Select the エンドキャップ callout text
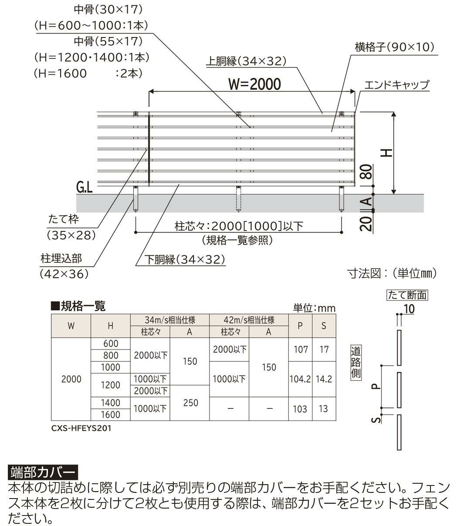click(x=396, y=85)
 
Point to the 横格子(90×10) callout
click(x=395, y=47)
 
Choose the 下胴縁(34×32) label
click(x=185, y=260)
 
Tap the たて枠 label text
click(x=64, y=219)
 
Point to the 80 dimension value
click(x=366, y=173)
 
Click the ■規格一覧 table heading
click(x=78, y=306)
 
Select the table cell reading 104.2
click(x=300, y=379)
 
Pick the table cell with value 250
click(x=191, y=403)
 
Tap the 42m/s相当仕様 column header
click(x=248, y=320)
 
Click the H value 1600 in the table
click(x=111, y=414)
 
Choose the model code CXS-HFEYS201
click(x=81, y=428)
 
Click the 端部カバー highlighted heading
click(x=42, y=472)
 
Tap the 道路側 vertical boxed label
click(x=356, y=363)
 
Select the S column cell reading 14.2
click(x=324, y=379)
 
